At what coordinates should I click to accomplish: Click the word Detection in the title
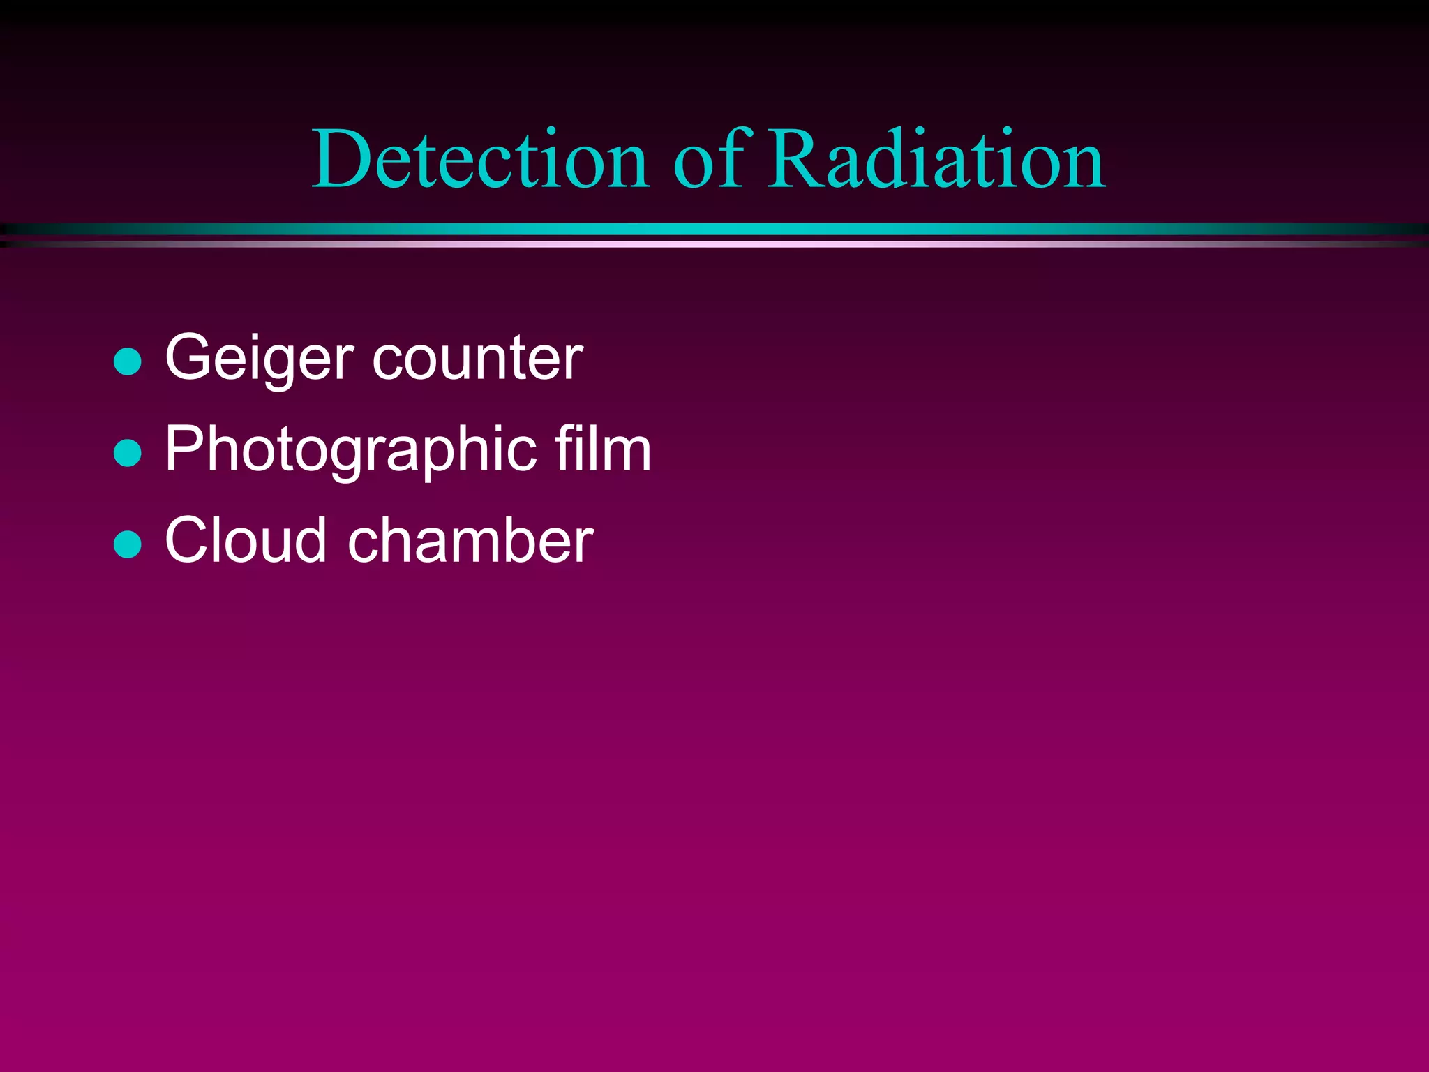(480, 161)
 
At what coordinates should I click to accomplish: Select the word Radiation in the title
(936, 161)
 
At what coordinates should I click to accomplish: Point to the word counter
(478, 360)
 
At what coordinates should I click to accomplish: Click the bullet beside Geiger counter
(128, 362)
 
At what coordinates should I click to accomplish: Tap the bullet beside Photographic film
(128, 452)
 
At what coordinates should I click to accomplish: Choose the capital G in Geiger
(190, 357)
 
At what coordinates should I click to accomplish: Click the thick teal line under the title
(714, 229)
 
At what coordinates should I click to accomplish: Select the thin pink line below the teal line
(714, 244)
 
